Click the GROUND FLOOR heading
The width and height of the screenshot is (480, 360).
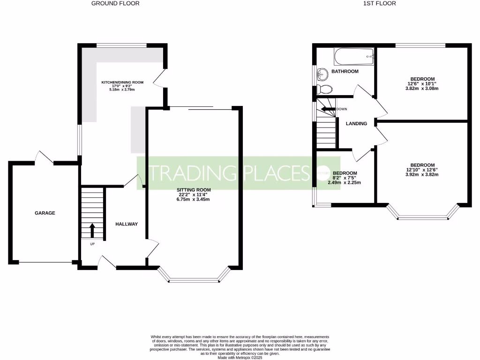115,3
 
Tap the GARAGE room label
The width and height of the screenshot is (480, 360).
45,213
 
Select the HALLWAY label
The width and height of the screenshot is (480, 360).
127,224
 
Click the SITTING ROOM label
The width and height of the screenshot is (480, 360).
193,190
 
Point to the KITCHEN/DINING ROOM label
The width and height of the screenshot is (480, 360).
122,82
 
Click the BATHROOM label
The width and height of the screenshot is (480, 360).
345,71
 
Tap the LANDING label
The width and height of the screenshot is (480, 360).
356,124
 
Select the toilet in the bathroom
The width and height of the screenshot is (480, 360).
324,89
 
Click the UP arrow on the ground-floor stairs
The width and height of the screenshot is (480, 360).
92,231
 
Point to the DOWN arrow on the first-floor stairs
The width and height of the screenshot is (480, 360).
328,109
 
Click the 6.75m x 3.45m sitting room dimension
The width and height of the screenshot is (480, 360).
193,199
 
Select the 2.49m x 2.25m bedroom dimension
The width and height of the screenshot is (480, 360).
345,183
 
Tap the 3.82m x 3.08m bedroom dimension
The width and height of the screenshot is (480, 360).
422,89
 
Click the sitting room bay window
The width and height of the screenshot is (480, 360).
194,280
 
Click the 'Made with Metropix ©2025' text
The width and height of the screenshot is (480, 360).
240,357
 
